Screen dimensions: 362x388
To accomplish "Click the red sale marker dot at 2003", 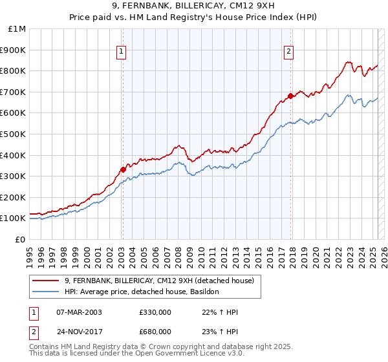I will (x=122, y=170).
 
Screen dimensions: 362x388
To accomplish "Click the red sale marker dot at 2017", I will (x=291, y=96).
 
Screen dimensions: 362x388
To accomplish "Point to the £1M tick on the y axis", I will (x=17, y=29).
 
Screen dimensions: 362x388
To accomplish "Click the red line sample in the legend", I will (x=46, y=281).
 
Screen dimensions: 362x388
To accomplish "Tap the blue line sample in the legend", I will (x=46, y=292).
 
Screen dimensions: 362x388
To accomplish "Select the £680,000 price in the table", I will (x=155, y=331).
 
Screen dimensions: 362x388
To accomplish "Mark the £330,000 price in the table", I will (x=155, y=312).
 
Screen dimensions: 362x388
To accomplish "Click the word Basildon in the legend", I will (x=204, y=292).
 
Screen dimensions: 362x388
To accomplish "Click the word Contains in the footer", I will (x=45, y=347).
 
